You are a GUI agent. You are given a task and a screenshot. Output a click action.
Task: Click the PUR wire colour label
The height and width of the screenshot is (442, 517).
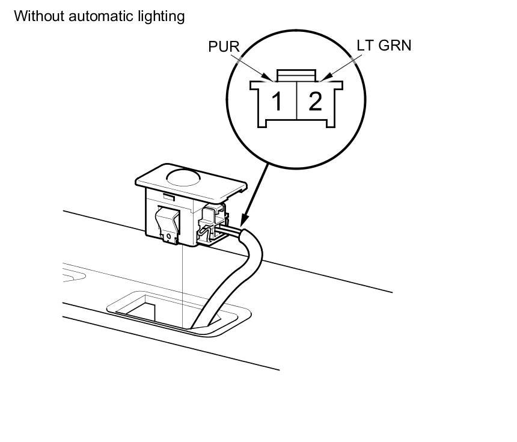tap(225, 47)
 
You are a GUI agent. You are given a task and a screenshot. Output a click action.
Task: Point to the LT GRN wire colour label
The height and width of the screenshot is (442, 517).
tap(384, 45)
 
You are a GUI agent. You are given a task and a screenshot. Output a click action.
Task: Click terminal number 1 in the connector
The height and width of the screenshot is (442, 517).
tap(277, 101)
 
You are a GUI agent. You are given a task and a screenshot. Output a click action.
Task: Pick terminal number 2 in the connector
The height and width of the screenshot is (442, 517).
tap(315, 101)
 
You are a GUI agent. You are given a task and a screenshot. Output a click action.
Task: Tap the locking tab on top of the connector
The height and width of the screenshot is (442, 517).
tap(295, 75)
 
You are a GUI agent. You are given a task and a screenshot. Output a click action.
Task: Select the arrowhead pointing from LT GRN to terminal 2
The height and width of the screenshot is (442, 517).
tap(323, 77)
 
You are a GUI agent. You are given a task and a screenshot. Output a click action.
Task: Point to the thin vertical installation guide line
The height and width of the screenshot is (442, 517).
tap(181, 283)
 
